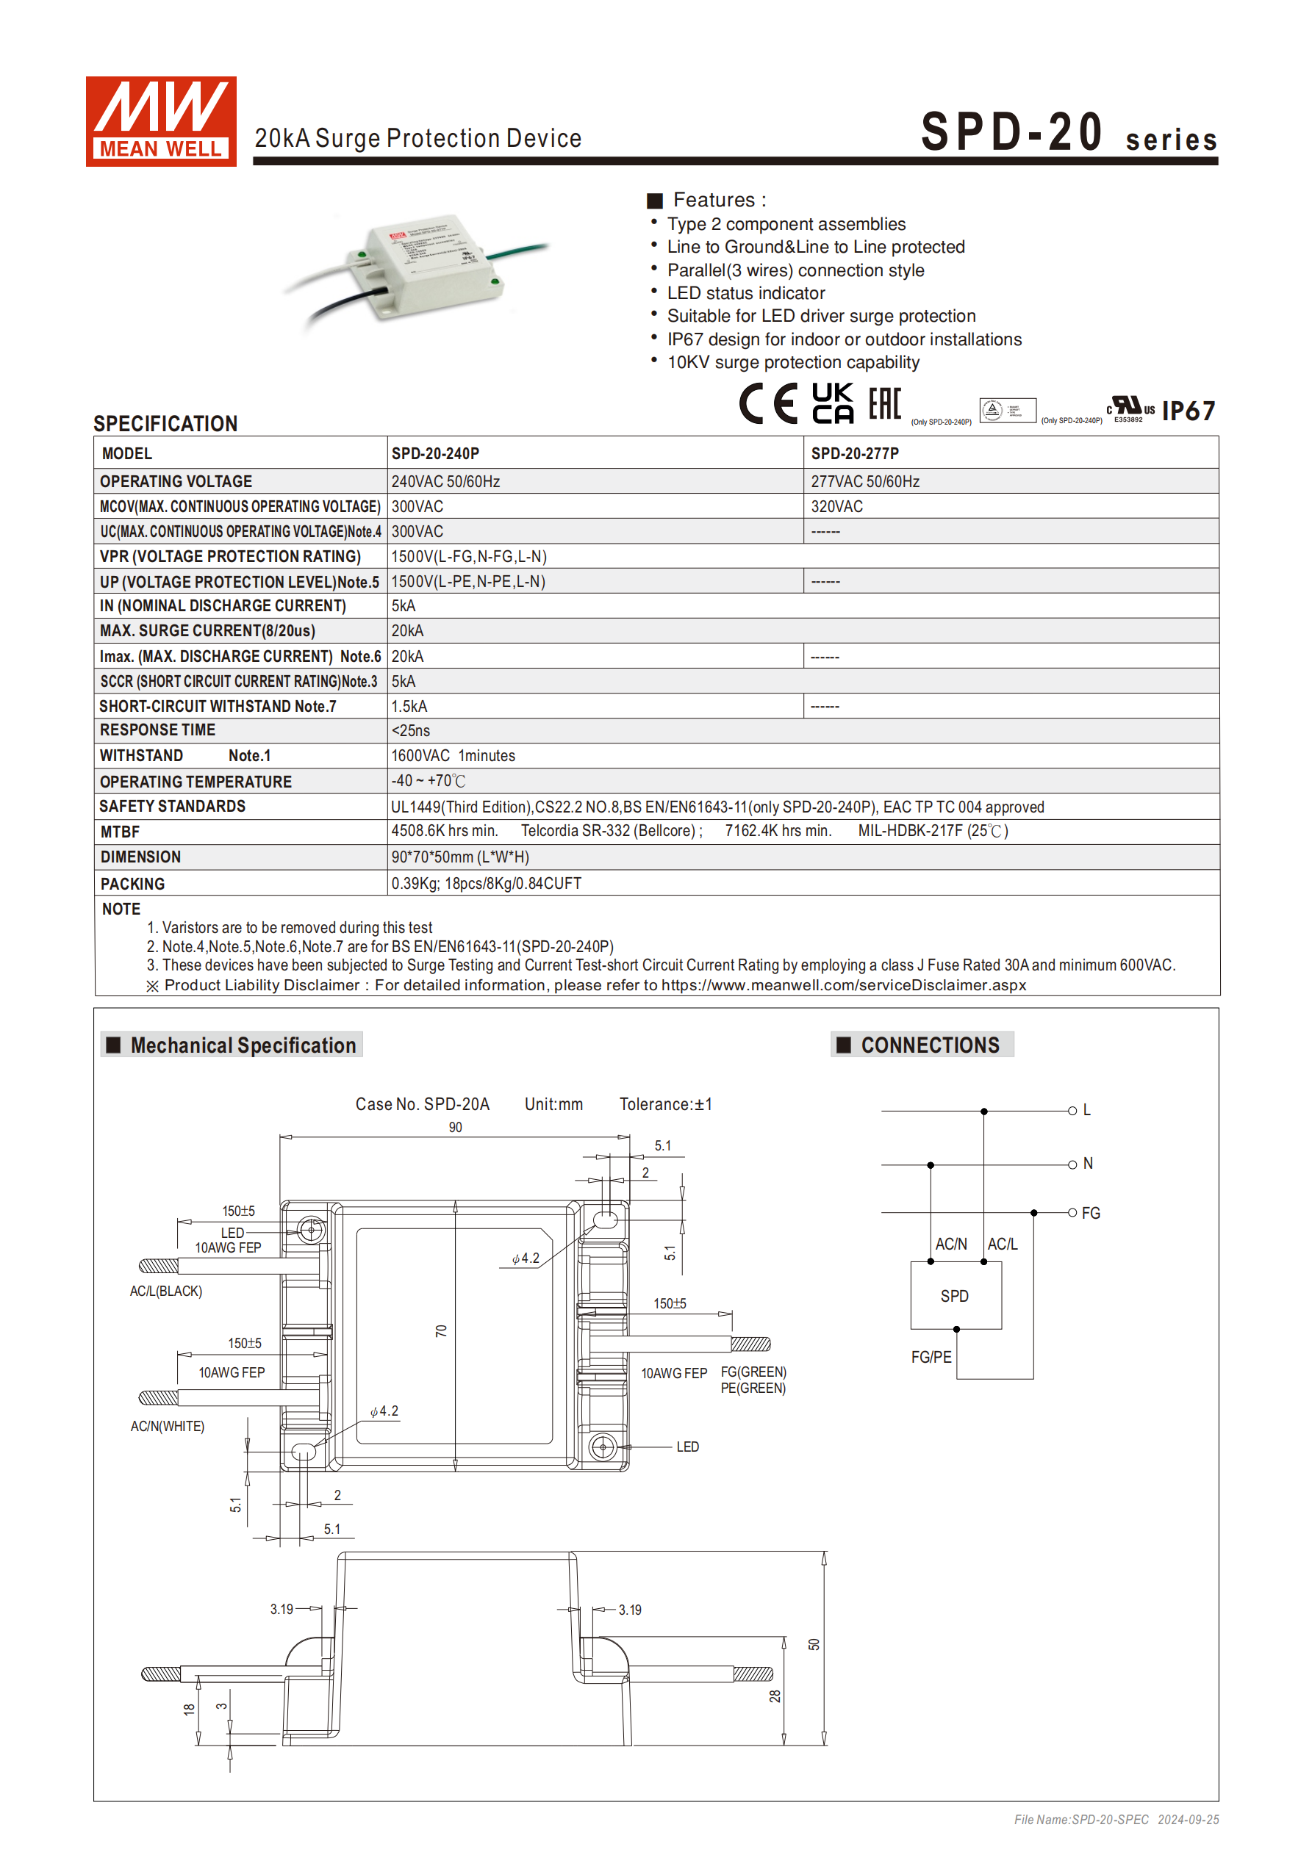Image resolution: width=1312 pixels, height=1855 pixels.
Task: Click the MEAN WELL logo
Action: (161, 122)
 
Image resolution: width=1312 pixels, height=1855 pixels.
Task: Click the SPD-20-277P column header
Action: (855, 454)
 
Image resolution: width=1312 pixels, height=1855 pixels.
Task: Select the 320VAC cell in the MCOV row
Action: (836, 507)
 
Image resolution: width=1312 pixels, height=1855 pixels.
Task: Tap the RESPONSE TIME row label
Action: (157, 730)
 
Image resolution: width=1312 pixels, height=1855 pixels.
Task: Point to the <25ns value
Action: (411, 731)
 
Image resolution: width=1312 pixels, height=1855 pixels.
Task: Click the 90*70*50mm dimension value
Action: (460, 857)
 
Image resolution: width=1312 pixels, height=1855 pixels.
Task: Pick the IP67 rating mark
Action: (1188, 411)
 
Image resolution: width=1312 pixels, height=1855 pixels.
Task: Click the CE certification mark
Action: (768, 404)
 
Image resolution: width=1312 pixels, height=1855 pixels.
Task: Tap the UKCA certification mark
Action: (832, 404)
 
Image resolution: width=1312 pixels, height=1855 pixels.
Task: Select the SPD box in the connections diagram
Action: (956, 1296)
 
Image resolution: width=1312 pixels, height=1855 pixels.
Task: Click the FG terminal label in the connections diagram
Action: (1091, 1214)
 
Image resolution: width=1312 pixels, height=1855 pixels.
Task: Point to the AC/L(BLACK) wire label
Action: (165, 1291)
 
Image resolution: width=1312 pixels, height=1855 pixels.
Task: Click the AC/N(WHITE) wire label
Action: (168, 1427)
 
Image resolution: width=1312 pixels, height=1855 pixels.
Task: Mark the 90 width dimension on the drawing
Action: (455, 1128)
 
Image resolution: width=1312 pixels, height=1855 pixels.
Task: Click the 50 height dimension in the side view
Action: (813, 1645)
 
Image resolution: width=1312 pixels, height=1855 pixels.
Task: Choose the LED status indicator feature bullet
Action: (745, 293)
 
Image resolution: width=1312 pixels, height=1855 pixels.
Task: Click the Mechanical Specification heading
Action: (243, 1045)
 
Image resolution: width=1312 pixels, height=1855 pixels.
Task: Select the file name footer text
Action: (1116, 1820)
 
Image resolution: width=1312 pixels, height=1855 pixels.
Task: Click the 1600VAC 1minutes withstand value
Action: (453, 756)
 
